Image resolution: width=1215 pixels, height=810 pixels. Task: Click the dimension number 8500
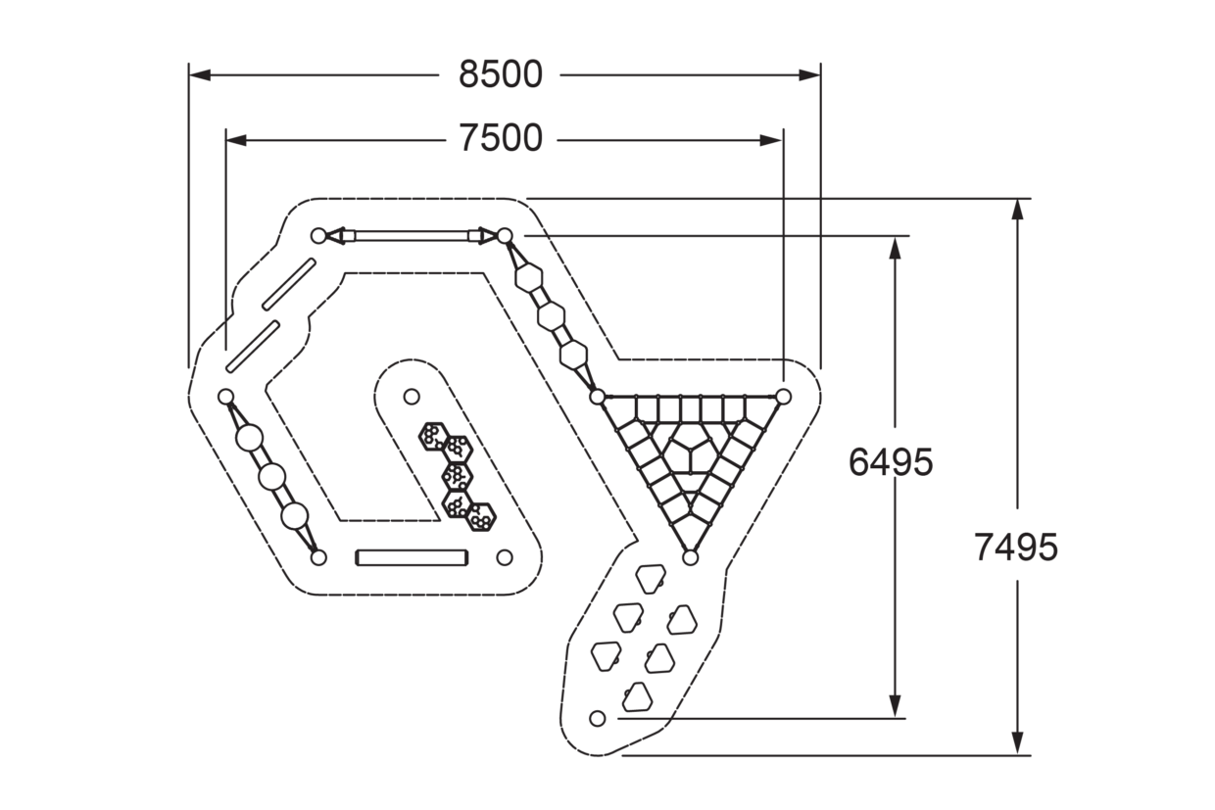tap(500, 74)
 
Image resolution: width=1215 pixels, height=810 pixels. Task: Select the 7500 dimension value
tap(500, 138)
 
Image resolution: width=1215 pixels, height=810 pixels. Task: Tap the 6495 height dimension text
tap(891, 462)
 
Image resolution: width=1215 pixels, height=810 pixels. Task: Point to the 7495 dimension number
tap(1016, 548)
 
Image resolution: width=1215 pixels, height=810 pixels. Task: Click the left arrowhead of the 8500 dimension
tap(200, 74)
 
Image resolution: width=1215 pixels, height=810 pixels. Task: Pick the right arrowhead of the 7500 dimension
tap(771, 140)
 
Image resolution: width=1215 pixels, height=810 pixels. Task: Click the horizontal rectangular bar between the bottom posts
tap(412, 558)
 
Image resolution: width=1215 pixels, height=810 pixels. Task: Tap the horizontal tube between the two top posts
tap(412, 236)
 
